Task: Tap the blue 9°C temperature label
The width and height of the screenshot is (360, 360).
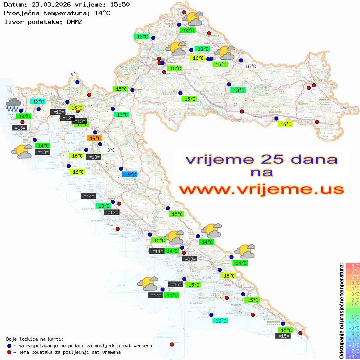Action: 130,175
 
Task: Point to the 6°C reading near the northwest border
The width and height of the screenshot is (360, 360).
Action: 74,75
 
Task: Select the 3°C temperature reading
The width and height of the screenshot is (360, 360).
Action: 111,150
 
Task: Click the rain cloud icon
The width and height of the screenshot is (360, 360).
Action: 14,104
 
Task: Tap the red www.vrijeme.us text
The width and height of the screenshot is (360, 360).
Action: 261,189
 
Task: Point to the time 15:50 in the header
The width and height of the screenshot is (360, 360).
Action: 120,5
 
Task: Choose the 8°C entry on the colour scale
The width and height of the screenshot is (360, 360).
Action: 353,266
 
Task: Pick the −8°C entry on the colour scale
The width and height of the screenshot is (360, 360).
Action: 353,357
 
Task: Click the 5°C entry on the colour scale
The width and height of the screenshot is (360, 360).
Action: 353,283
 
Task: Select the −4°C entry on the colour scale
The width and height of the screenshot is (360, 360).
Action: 353,334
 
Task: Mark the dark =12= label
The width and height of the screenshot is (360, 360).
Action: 67,118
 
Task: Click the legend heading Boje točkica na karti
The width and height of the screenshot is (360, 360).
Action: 35,339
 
